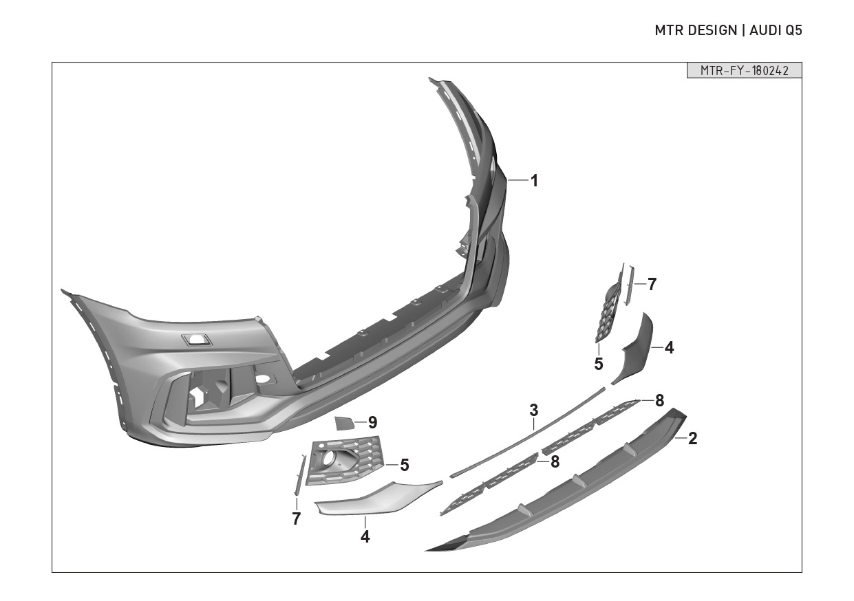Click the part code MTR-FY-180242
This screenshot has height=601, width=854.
(744, 71)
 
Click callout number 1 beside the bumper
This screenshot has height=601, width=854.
(534, 181)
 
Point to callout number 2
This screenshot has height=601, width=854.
(692, 438)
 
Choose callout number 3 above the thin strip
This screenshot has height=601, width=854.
(534, 411)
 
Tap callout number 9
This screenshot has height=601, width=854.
(372, 422)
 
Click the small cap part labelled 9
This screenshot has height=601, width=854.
(344, 423)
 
